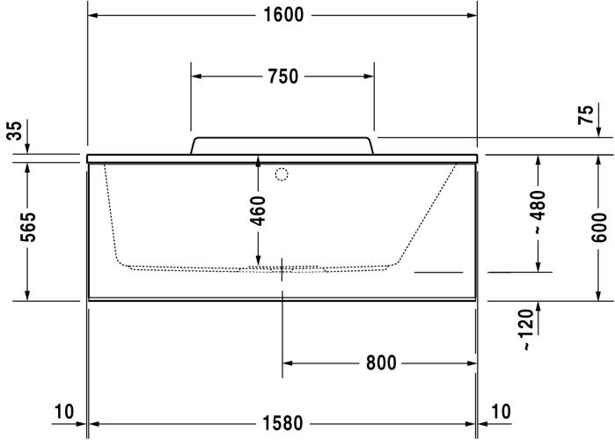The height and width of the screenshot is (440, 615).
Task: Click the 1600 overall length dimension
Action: click(283, 15)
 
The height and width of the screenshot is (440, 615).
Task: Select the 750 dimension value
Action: click(283, 76)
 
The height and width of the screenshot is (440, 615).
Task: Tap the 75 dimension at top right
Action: click(585, 115)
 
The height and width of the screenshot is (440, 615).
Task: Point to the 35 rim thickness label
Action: click(14, 130)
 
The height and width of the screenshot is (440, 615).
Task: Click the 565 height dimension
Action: click(28, 227)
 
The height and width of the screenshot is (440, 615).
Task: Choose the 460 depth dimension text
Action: click(258, 211)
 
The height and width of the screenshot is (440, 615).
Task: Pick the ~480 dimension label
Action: click(538, 212)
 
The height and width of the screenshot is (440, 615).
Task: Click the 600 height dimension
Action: click(598, 227)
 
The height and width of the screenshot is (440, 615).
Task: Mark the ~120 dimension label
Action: click(528, 329)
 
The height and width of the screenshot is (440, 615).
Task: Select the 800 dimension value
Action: click(381, 363)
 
